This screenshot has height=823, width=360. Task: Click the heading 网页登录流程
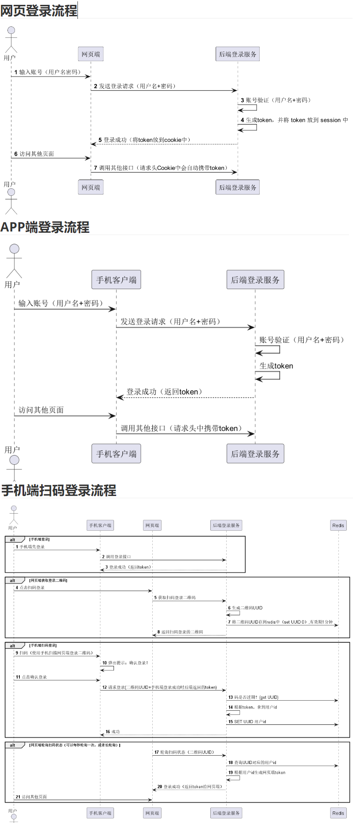[39, 11]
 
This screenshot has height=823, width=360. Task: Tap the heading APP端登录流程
[45, 227]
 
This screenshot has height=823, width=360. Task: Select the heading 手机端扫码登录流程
[59, 490]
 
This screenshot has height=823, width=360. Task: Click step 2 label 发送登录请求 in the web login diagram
[135, 86]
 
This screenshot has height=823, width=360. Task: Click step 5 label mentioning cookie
[144, 140]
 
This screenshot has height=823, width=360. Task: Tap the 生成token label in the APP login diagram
[276, 366]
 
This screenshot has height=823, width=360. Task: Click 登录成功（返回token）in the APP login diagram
[164, 392]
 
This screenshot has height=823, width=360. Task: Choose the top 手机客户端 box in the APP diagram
[116, 280]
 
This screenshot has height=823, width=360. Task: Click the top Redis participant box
[338, 525]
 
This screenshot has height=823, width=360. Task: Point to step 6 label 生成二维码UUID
[245, 608]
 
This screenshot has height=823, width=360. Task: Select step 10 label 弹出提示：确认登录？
[125, 663]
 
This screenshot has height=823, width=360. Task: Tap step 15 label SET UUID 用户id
[247, 722]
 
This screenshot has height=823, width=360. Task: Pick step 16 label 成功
[113, 731]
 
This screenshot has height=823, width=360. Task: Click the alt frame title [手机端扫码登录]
[43, 645]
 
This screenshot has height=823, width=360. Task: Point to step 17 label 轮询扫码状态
[184, 752]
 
